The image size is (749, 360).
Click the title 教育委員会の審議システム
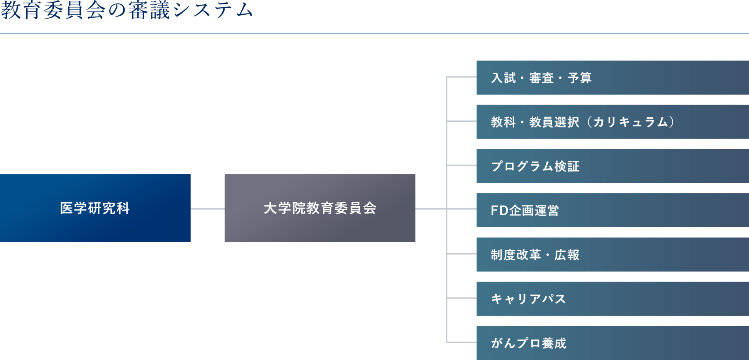click(127, 10)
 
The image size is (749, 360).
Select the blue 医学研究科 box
click(95, 208)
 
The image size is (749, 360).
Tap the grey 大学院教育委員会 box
click(320, 208)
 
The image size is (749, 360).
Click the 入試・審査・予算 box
click(612, 77)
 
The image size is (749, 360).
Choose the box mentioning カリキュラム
click(612, 122)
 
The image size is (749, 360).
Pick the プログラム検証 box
click(612, 166)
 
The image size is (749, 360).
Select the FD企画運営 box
click(612, 210)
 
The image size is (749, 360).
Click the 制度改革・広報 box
click(612, 254)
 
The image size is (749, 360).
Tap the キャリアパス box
click(612, 299)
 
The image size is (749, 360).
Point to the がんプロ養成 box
click(612, 343)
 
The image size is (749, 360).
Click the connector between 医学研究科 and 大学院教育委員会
click(207, 209)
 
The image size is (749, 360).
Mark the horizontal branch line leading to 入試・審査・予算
click(462, 77)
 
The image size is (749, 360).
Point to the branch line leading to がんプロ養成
click(462, 342)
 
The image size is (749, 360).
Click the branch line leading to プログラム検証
click(462, 166)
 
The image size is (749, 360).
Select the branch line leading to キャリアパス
click(462, 298)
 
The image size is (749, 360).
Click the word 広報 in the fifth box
click(567, 255)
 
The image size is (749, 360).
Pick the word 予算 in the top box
click(580, 78)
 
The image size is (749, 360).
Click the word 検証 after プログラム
click(567, 166)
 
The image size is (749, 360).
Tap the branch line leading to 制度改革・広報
click(462, 254)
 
